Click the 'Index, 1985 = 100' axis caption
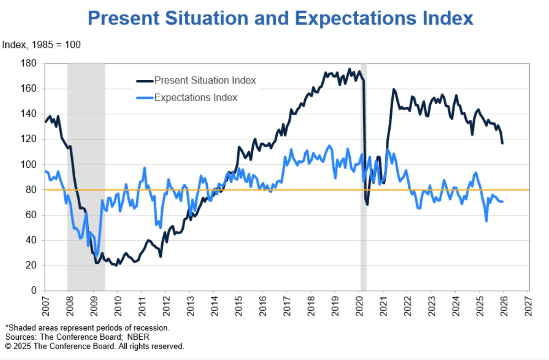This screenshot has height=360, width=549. point(42,45)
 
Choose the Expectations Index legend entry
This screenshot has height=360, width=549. point(195,98)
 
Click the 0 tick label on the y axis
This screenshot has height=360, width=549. point(35,291)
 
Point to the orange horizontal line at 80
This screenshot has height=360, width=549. point(285,190)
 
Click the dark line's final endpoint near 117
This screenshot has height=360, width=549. point(502,143)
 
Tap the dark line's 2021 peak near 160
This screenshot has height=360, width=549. point(393,89)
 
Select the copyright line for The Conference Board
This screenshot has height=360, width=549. point(94,347)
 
